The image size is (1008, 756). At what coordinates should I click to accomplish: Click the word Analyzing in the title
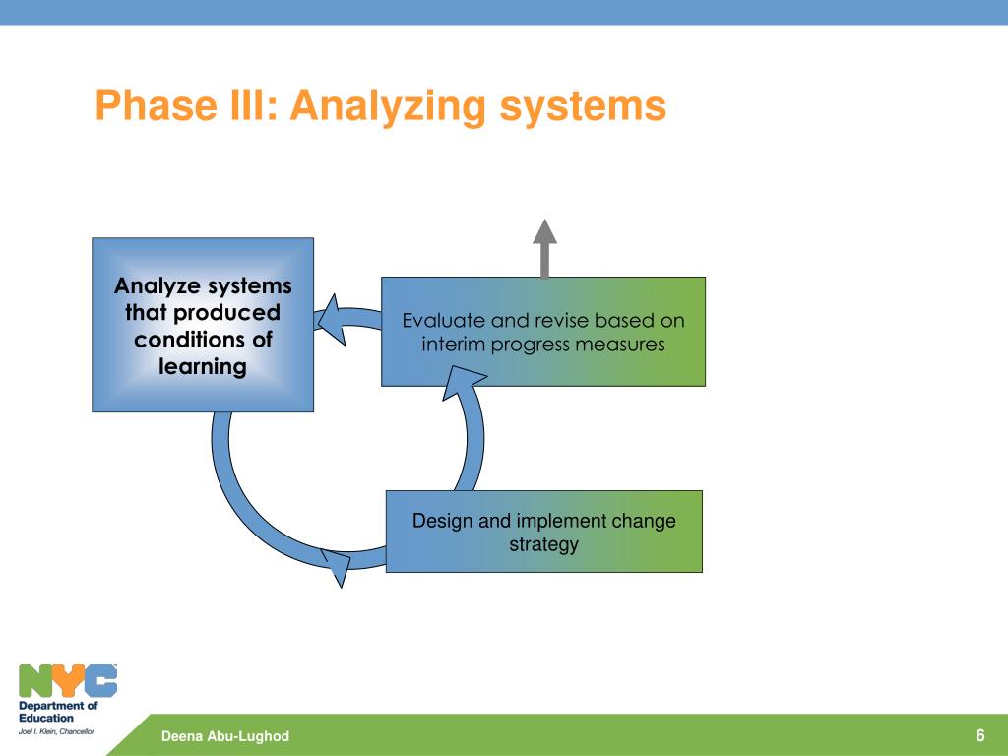click(x=388, y=106)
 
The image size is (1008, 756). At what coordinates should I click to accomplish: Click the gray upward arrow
click(x=544, y=248)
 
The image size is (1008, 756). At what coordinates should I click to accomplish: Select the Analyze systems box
click(x=203, y=325)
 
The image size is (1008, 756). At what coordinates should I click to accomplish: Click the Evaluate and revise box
click(x=543, y=332)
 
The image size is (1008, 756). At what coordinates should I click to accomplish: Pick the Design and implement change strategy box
click(x=543, y=532)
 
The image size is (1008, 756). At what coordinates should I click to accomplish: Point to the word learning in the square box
click(x=203, y=367)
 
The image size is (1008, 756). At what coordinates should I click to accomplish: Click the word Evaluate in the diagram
click(x=443, y=320)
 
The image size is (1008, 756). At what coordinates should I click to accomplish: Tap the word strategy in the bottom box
click(x=543, y=545)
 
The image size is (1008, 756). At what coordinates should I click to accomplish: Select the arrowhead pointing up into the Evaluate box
click(x=463, y=381)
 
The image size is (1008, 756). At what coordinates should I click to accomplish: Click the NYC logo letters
click(x=68, y=681)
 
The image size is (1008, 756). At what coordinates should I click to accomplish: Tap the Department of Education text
click(x=58, y=712)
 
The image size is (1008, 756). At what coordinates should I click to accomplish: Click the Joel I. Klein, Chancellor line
click(x=56, y=731)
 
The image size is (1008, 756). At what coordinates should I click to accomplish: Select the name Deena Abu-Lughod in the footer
click(x=225, y=736)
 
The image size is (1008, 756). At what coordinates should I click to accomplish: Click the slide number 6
click(x=980, y=735)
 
